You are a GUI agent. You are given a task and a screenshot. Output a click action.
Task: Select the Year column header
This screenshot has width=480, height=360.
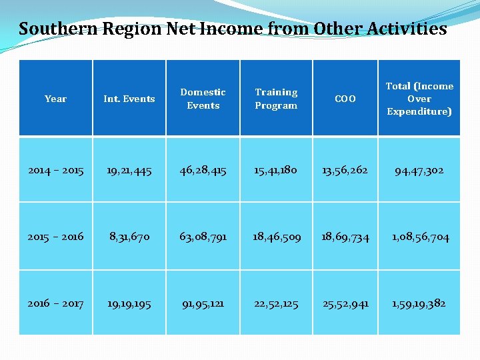click(55, 99)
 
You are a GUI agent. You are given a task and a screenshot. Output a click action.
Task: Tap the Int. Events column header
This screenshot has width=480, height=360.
click(129, 99)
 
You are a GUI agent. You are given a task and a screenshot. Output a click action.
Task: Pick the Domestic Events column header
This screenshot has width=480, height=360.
click(203, 99)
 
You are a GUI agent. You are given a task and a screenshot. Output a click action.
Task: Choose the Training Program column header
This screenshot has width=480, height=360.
click(276, 99)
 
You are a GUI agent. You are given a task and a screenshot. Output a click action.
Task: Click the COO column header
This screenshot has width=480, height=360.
click(345, 99)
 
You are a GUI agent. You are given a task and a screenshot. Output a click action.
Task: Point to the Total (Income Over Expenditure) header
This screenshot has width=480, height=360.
click(419, 99)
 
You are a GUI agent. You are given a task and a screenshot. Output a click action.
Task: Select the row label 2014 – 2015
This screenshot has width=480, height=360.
click(56, 170)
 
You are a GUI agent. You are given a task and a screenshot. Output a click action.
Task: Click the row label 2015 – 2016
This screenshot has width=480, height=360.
click(56, 237)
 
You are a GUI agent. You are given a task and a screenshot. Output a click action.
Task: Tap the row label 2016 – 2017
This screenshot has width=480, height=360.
click(56, 303)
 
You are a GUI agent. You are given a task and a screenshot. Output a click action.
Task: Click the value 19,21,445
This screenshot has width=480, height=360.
click(129, 170)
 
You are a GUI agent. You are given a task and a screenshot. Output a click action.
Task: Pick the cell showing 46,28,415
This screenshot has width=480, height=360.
click(203, 170)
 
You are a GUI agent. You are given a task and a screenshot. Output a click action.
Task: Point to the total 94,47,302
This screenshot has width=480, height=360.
click(419, 171)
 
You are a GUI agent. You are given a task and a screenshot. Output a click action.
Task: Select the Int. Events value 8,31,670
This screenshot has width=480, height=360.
click(129, 237)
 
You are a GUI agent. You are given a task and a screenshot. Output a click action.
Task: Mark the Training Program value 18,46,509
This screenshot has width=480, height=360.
click(276, 237)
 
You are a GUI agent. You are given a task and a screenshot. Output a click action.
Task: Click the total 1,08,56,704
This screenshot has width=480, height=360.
click(419, 237)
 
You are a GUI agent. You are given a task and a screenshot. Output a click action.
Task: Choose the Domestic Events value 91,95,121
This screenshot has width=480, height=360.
click(203, 303)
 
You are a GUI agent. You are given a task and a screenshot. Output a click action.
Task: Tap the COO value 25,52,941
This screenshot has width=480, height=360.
click(345, 303)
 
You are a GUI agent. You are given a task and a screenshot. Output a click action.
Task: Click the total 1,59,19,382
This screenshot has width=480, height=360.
click(419, 303)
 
